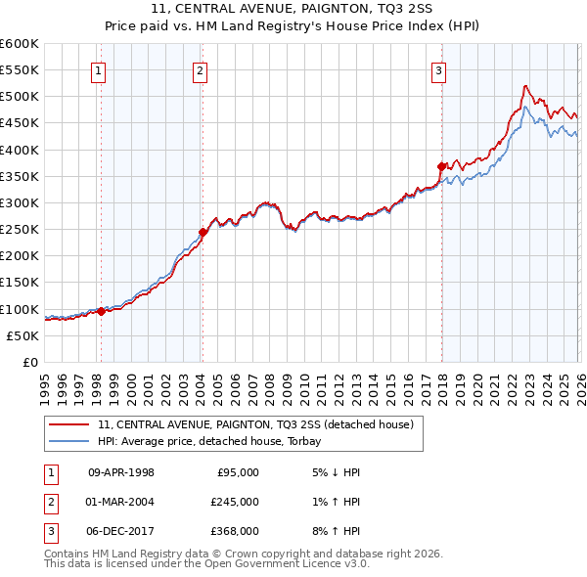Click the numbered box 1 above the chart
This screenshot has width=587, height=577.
100,70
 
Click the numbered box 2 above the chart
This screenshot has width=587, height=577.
200,70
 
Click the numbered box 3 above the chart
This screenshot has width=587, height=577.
439,70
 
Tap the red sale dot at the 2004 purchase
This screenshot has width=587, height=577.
203,232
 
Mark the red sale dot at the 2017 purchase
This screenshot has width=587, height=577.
441,166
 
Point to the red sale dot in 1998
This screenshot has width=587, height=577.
101,311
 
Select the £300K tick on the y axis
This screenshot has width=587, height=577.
20,202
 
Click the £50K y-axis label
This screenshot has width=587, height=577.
23,335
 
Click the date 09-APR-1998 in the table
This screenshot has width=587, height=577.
121,471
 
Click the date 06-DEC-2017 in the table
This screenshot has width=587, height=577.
121,531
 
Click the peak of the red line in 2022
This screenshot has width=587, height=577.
526,86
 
